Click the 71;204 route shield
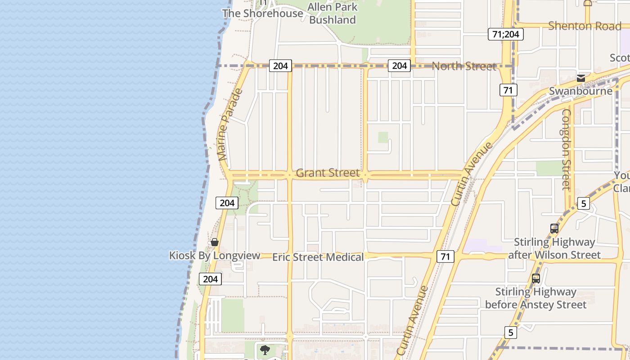point(506,34)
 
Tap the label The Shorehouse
point(263,13)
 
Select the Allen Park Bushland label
point(333,13)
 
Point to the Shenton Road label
point(585,26)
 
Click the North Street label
point(464,66)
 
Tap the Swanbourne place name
point(580,91)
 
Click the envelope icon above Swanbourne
point(581,78)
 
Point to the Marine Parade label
point(230,125)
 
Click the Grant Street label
point(328,173)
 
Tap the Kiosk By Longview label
point(215,256)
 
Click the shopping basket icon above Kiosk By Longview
point(215,243)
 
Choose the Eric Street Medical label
point(318,257)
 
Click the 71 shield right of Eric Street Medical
point(445,257)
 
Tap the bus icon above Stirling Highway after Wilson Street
point(554,229)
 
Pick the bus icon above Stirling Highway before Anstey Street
point(535,278)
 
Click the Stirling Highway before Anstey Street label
point(535,298)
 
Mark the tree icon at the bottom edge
point(265,350)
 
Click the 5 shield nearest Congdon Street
point(584,203)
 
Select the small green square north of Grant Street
point(383,137)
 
